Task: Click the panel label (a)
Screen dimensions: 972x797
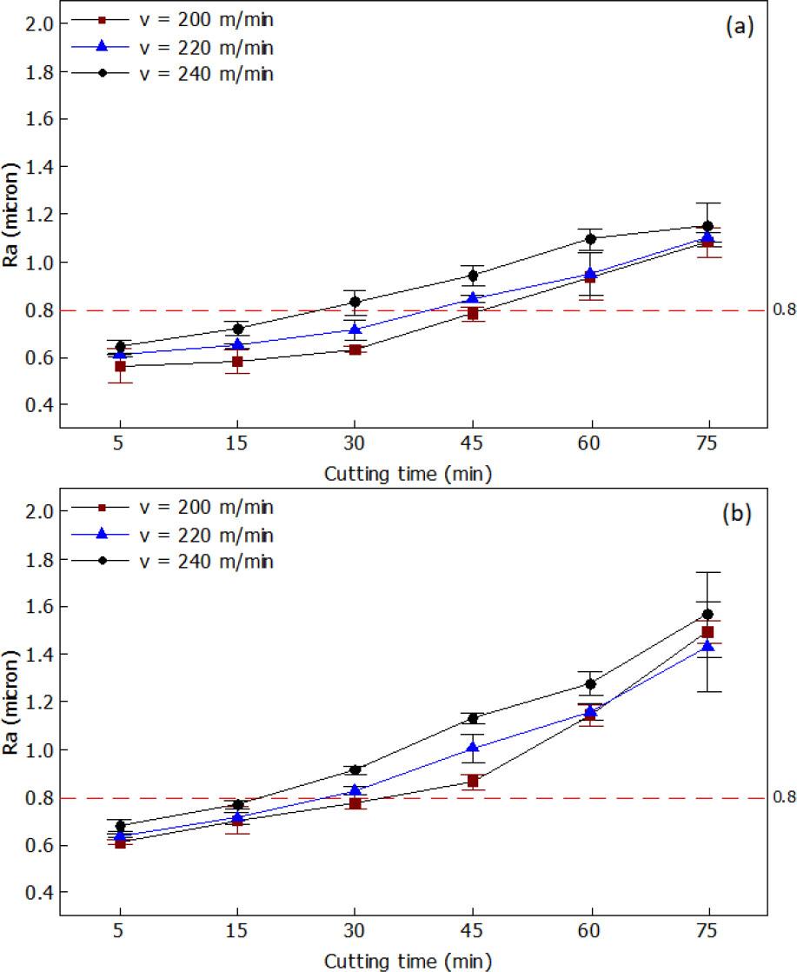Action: coord(739,27)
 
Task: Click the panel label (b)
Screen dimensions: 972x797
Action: coord(739,514)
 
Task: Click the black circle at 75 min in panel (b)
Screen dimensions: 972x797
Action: coord(707,615)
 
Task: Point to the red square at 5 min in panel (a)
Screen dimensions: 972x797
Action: coord(120,367)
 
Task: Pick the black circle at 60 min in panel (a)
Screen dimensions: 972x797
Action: coord(591,239)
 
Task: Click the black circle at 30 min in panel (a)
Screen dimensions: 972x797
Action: coord(355,303)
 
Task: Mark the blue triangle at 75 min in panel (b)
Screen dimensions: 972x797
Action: coord(707,646)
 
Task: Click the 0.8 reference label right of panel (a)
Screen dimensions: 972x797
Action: coord(780,310)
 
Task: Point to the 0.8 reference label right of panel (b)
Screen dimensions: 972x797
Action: coord(780,797)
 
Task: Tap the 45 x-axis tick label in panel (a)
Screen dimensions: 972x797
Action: coord(473,443)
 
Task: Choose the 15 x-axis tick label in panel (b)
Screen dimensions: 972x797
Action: coord(237,930)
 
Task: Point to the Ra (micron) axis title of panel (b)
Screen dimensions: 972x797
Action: coord(12,702)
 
